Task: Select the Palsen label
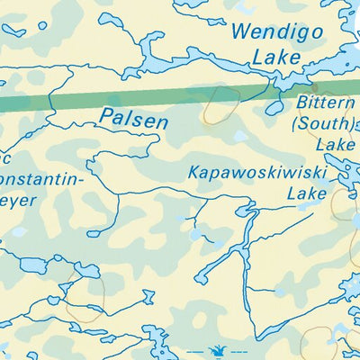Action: pyautogui.click(x=134, y=117)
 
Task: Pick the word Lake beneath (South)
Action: pyautogui.click(x=334, y=144)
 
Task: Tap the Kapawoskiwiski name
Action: pyautogui.click(x=249, y=172)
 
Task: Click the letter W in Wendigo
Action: pyautogui.click(x=241, y=31)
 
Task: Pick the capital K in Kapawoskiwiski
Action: pyautogui.click(x=193, y=172)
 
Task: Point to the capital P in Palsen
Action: pyautogui.click(x=106, y=117)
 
